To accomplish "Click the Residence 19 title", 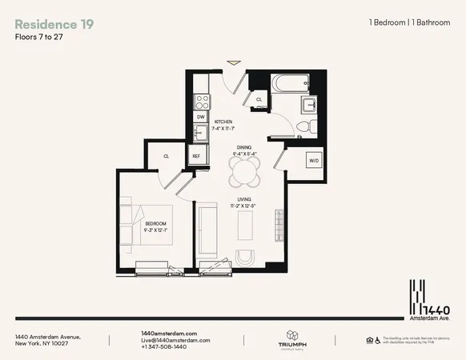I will coord(54,25).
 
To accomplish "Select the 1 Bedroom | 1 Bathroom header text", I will coord(410,25).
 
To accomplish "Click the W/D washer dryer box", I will coord(315,161).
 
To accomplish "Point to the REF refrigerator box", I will coord(196,157).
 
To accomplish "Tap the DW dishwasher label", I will coord(200,117).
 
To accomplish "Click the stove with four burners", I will coord(203,102).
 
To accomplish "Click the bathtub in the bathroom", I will coord(290,83).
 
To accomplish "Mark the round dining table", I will coord(244,170).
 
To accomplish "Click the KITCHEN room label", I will coord(223,122).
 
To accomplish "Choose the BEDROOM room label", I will coord(155,223).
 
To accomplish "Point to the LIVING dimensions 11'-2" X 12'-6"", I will coord(244,206).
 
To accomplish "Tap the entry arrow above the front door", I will coord(233,61).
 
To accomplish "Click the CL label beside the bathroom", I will coord(259,100).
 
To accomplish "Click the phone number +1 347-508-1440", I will coord(163,347).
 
